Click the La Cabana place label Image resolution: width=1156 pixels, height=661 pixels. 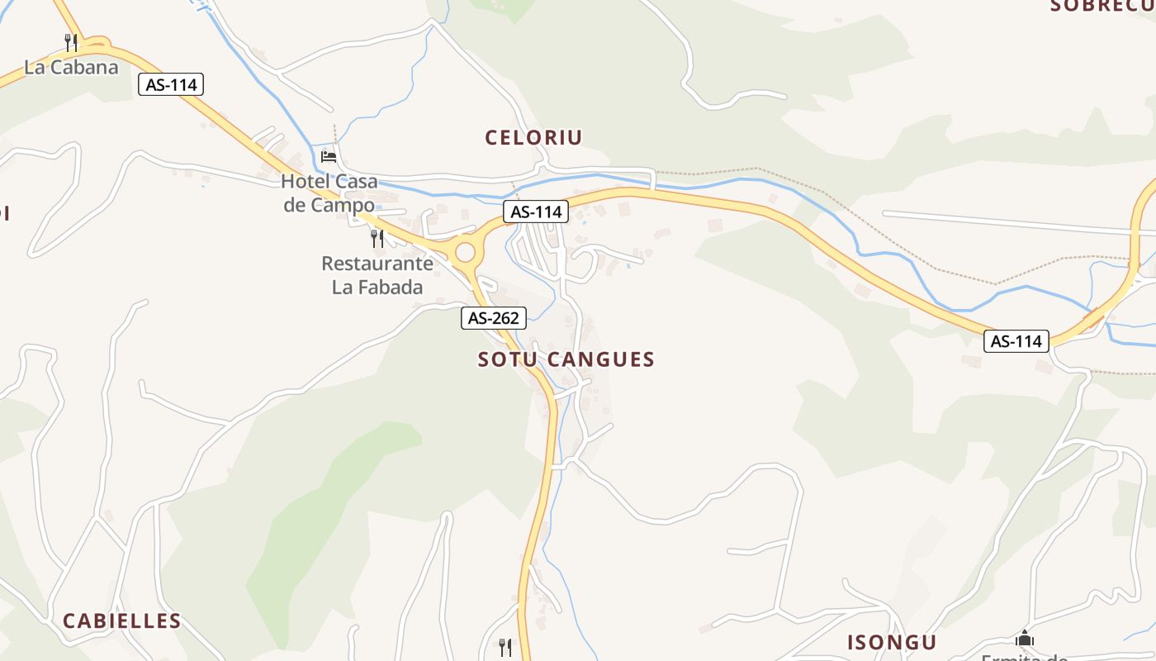click(71, 68)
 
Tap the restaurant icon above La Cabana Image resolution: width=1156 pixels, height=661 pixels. click(71, 41)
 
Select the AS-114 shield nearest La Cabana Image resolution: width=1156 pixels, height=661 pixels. click(171, 84)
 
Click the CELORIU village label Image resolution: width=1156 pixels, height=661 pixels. click(533, 138)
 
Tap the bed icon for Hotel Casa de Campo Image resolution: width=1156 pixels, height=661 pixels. click(329, 156)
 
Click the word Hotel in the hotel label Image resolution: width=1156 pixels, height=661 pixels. click(307, 182)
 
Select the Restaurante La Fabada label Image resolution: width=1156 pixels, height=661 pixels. click(377, 275)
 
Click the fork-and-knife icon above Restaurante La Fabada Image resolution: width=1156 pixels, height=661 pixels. click(377, 239)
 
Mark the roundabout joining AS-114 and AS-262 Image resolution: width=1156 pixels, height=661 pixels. click(466, 251)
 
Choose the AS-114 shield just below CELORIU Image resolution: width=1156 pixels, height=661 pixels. click(536, 212)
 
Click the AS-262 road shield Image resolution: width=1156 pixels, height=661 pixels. click(493, 317)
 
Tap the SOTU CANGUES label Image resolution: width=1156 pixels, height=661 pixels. click(566, 359)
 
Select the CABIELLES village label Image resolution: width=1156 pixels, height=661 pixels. click(122, 621)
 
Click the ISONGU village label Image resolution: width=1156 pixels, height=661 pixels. click(892, 643)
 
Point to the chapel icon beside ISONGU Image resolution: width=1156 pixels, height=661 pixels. click(1025, 638)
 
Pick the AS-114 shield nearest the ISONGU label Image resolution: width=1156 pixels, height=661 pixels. click(1016, 340)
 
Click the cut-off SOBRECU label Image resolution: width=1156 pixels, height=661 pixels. click(1102, 6)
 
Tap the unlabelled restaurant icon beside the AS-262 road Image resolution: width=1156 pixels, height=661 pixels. click(505, 647)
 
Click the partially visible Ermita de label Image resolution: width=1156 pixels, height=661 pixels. click(1024, 657)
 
